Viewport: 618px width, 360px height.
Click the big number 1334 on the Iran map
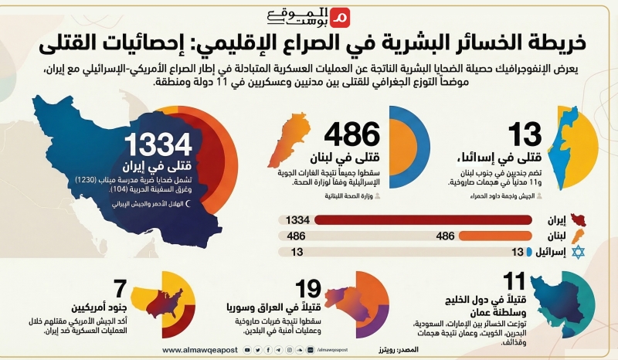tap(159, 144)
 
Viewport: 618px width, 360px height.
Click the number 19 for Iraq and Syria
tap(309, 289)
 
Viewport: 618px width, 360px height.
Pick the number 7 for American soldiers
tap(119, 289)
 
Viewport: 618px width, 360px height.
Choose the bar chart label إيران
tap(548, 221)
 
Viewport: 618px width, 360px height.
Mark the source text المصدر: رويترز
tap(402, 350)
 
